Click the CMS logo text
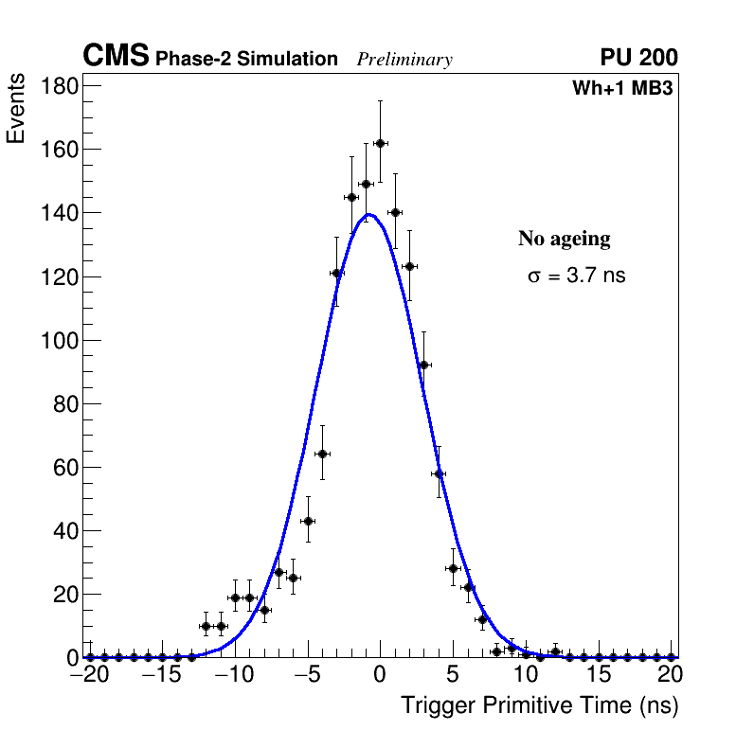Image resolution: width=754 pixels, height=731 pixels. tap(116, 57)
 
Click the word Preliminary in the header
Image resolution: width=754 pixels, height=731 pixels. tap(404, 60)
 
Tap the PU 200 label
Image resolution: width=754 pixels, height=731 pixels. tap(638, 58)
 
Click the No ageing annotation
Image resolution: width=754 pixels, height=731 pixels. tap(564, 239)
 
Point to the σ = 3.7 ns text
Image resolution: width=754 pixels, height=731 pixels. tap(576, 276)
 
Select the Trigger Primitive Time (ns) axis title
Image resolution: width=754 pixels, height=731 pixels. tap(539, 705)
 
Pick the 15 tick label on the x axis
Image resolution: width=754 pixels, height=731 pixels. tap(598, 675)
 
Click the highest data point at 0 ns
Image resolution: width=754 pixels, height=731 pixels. tap(380, 143)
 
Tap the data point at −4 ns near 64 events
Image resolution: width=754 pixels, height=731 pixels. tap(322, 454)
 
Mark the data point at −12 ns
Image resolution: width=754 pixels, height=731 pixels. tap(206, 626)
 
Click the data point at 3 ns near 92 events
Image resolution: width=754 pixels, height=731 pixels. tap(423, 365)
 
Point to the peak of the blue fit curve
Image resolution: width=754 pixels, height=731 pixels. tap(370, 214)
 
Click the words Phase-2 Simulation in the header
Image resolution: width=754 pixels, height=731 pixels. tap(246, 60)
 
